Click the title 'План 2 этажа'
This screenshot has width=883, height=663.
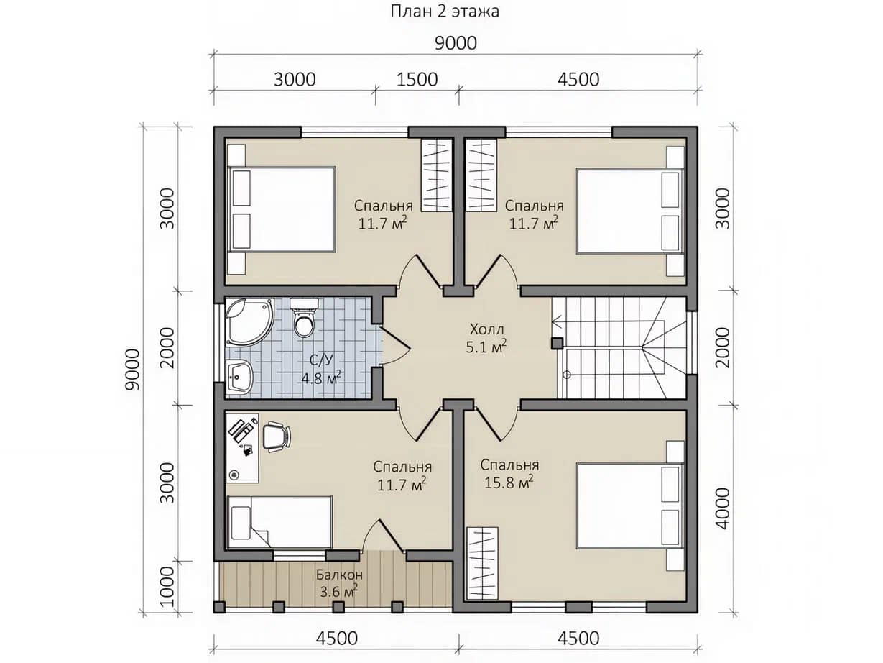point(445,12)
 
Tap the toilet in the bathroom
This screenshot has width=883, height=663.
point(304,318)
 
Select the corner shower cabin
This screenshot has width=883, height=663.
point(249,322)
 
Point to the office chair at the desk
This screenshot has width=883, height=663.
point(276,436)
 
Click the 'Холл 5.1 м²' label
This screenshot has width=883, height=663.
point(486,338)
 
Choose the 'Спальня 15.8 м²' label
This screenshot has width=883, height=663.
point(509,474)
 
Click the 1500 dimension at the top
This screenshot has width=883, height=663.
point(417,80)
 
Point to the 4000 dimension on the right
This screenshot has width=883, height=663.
point(723,509)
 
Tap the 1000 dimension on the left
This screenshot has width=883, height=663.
point(167,587)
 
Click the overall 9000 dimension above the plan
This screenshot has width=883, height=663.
point(456,43)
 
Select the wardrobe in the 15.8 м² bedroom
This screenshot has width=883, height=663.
point(482,564)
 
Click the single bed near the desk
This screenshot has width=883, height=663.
point(279,522)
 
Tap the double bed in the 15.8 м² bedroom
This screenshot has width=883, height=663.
point(630,506)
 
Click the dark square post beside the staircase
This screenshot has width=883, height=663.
point(557,343)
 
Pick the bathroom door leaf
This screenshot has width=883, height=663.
point(394,337)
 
